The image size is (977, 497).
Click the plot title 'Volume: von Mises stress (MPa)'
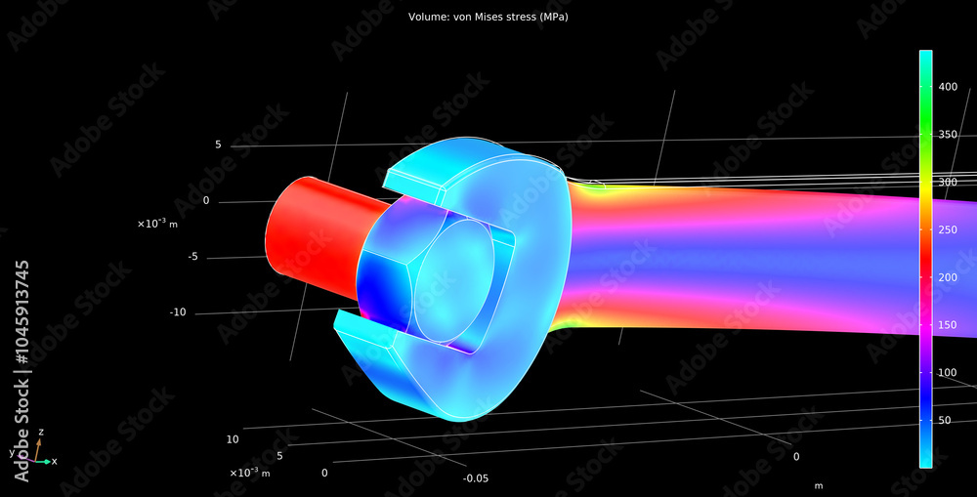point(488,18)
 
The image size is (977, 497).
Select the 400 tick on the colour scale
point(948,87)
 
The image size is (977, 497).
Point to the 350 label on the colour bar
point(948,135)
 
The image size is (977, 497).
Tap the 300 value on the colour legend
point(948,183)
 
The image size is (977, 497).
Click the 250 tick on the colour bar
point(948,230)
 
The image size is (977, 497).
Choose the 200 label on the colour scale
point(948,277)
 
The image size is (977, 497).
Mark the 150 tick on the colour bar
point(948,325)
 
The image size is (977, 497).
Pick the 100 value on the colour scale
point(948,373)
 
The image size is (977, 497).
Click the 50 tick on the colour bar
point(945,421)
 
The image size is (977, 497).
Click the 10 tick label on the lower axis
point(233,439)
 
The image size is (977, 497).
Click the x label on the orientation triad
point(54,461)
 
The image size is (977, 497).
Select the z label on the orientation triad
point(40,432)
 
